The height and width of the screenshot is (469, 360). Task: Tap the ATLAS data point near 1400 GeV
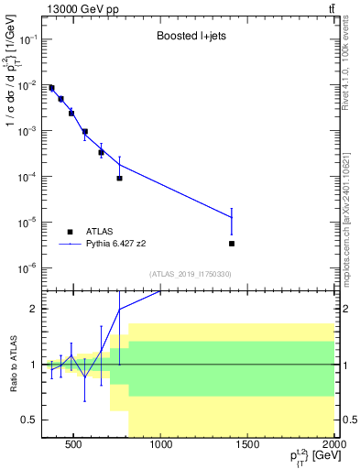tap(232, 244)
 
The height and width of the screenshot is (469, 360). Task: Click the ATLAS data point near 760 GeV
tap(119, 178)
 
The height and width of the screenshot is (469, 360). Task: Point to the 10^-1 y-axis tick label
tap(27, 40)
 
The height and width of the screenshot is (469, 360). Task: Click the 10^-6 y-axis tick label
tap(27, 267)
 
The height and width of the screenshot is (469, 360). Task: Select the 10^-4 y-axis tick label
tap(27, 177)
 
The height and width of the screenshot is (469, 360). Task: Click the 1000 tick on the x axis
tap(161, 447)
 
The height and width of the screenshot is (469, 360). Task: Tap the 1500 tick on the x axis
tap(248, 447)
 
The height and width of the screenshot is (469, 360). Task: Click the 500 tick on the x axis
tap(74, 447)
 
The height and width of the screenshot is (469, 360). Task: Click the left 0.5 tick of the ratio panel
tap(30, 420)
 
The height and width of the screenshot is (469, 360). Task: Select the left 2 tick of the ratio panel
tap(35, 309)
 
